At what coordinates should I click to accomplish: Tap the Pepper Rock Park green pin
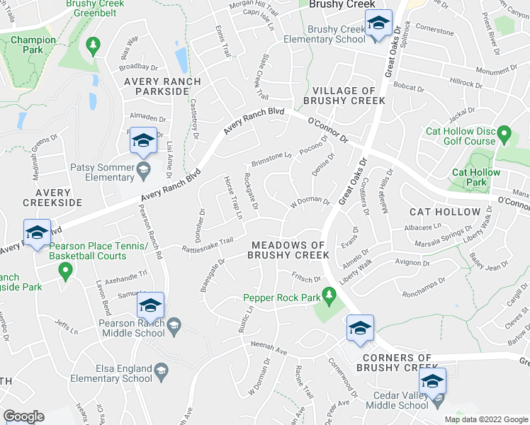[x=328, y=293]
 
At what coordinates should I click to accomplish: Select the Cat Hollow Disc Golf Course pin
[x=504, y=133]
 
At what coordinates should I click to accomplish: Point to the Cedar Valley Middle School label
[x=397, y=406]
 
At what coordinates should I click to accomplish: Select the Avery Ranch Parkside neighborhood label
[x=162, y=86]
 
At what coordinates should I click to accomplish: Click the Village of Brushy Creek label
[x=344, y=96]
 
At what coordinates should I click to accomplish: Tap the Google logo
[x=23, y=416]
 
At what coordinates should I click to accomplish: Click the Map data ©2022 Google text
[x=485, y=419]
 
